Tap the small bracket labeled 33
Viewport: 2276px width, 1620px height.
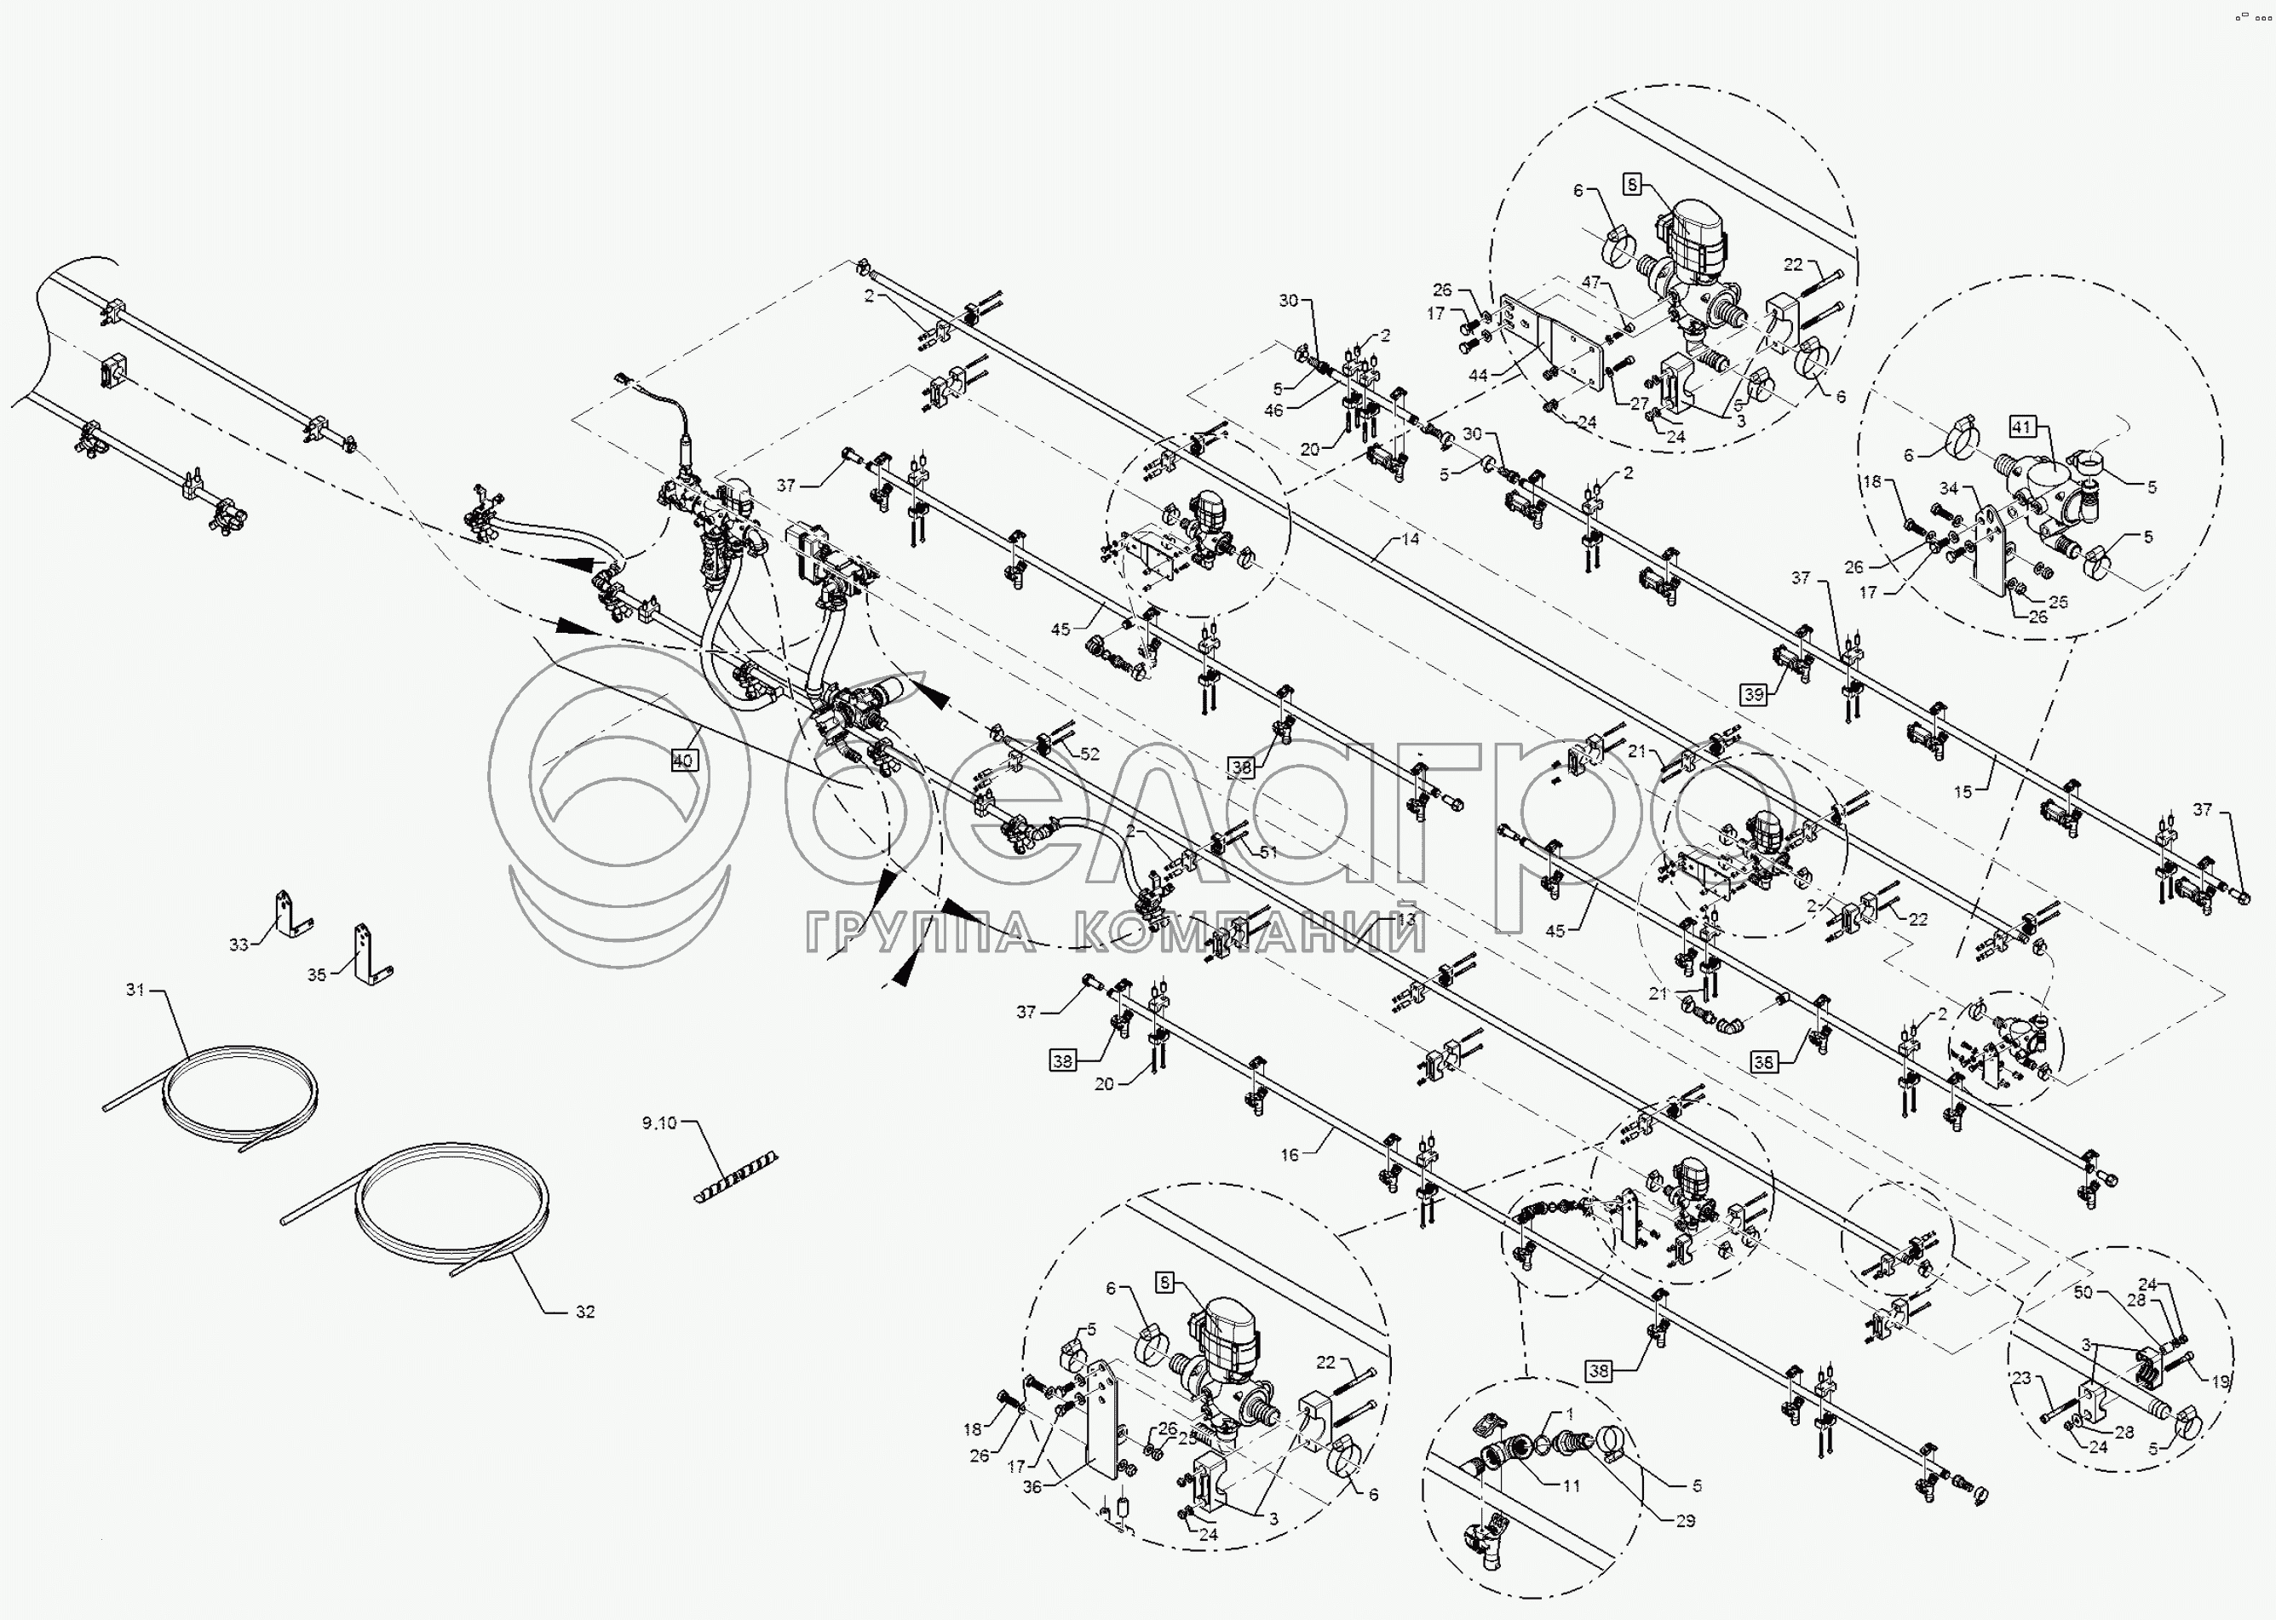290,915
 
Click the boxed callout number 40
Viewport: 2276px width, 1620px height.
683,761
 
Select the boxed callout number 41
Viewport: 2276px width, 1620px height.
2020,428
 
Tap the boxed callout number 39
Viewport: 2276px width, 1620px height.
1755,694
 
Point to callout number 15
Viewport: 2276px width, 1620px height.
1963,792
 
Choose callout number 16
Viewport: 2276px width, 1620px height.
1290,1155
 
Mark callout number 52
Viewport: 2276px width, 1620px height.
1089,754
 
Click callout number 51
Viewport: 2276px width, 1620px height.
1267,852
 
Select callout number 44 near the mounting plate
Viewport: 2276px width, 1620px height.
1478,376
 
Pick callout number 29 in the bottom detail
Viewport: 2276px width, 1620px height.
1685,1521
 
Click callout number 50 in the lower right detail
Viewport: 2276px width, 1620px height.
2083,1292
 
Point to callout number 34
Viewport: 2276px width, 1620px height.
1949,489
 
